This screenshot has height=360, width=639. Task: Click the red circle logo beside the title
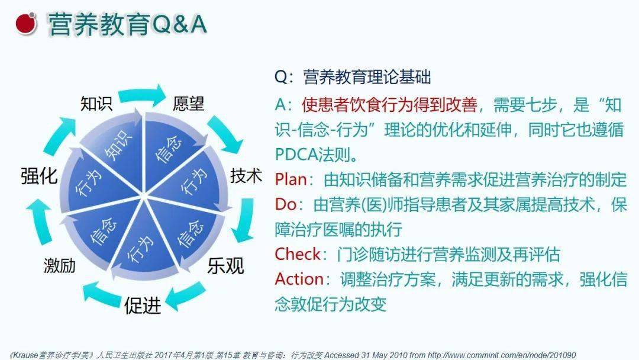[26, 23]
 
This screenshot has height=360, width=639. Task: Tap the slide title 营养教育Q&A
[128, 24]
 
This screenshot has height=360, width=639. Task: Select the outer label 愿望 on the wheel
[188, 103]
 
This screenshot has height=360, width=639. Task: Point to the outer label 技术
[246, 176]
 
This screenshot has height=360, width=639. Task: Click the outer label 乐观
[225, 266]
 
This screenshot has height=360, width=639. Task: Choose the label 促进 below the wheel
[142, 305]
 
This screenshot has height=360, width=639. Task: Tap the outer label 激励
[60, 265]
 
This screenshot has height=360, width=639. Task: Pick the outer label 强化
[39, 176]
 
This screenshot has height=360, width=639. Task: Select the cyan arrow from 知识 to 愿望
[142, 95]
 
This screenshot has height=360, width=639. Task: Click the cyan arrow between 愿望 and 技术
[225, 134]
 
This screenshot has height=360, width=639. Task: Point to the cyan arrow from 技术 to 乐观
[244, 221]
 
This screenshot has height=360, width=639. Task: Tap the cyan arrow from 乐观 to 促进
[185, 296]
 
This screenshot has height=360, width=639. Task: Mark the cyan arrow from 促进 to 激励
[102, 294]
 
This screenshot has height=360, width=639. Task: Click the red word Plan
[291, 179]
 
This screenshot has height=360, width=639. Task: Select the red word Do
[286, 204]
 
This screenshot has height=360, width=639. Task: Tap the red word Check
[298, 254]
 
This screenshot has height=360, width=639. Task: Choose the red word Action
[299, 279]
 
